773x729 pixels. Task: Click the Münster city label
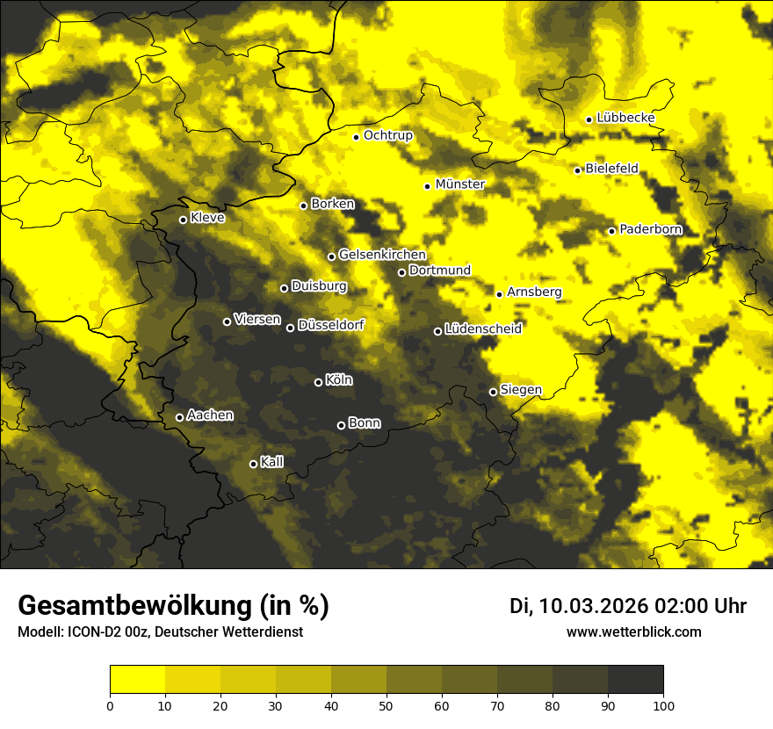pyautogui.click(x=459, y=184)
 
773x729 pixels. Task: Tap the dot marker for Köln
pyautogui.click(x=318, y=382)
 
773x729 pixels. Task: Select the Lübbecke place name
pyautogui.click(x=625, y=119)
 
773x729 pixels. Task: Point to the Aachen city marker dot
pyautogui.click(x=179, y=417)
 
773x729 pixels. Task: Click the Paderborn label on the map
pyautogui.click(x=650, y=230)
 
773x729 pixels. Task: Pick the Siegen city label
pyautogui.click(x=521, y=390)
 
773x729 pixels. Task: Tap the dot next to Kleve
pyautogui.click(x=183, y=220)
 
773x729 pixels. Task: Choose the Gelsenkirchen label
pyautogui.click(x=382, y=255)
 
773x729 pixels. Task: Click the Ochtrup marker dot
pyautogui.click(x=356, y=137)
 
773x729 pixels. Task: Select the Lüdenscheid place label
pyautogui.click(x=483, y=329)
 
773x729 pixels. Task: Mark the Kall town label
pyautogui.click(x=271, y=462)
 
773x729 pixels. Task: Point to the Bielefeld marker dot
pyautogui.click(x=577, y=170)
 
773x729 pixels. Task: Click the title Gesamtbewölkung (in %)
pyautogui.click(x=173, y=606)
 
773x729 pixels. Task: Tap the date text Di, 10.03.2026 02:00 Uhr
pyautogui.click(x=628, y=606)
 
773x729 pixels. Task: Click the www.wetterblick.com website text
pyautogui.click(x=633, y=632)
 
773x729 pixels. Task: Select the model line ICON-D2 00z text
pyautogui.click(x=160, y=632)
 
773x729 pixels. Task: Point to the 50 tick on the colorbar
pyautogui.click(x=386, y=704)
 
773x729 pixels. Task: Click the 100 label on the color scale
pyautogui.click(x=663, y=704)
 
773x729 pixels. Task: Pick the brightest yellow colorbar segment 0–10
pyautogui.click(x=137, y=680)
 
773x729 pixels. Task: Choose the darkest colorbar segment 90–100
pyautogui.click(x=635, y=680)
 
